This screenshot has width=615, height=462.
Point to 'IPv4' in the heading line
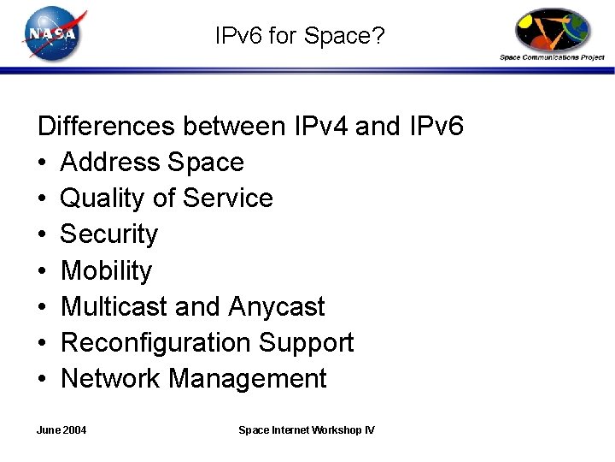(319, 127)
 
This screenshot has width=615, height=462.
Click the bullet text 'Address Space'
(152, 162)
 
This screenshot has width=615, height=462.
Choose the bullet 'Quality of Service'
(167, 198)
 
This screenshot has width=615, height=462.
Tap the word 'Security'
(109, 234)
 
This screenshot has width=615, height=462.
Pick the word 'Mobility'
(106, 270)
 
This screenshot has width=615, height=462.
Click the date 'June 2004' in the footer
(62, 429)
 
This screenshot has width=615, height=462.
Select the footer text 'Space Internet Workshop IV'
(306, 429)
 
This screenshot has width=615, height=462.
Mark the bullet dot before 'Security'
(43, 234)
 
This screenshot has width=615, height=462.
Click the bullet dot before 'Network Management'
(43, 379)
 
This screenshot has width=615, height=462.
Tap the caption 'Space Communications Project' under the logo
(552, 57)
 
